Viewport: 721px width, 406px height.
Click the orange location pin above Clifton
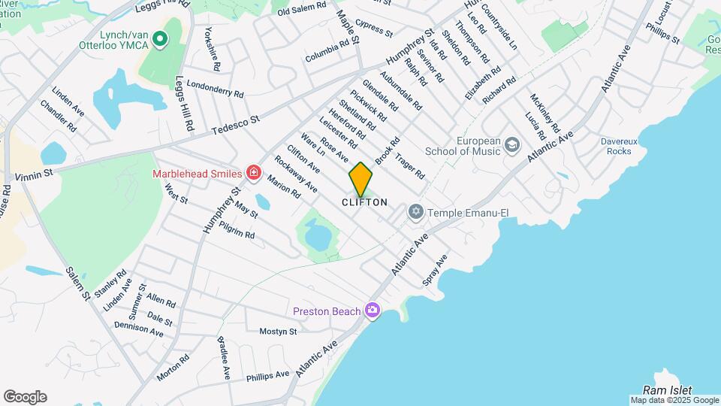[361, 180]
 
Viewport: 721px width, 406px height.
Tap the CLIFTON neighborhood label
[365, 202]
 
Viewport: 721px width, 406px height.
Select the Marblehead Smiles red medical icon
[253, 174]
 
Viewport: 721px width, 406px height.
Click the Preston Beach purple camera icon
[371, 310]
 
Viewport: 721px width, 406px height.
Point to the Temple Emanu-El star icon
[416, 213]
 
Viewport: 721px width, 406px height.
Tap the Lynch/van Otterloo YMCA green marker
[159, 38]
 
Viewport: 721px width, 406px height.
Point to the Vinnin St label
[33, 174]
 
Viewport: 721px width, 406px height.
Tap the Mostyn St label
[279, 331]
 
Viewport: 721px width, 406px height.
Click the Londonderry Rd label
[215, 89]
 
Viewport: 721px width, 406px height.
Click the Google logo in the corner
[25, 397]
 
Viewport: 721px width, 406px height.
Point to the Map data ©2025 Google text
[674, 400]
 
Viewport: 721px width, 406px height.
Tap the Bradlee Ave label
[224, 359]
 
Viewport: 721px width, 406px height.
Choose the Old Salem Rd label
[302, 11]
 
